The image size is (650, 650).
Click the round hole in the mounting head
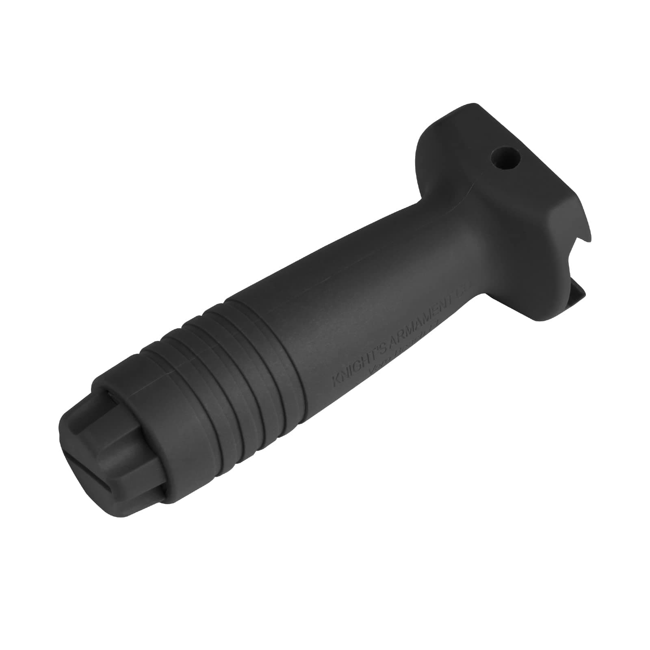click(505, 158)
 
